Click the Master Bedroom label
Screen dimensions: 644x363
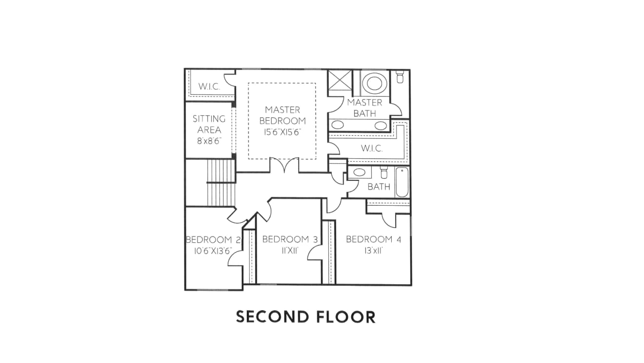coord(282,115)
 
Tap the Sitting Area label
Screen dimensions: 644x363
coord(209,125)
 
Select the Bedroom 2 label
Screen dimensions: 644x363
coord(213,239)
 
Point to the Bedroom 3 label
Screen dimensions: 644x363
coord(290,239)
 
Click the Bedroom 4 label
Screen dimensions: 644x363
coord(373,239)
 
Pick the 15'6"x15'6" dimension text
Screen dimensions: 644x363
coord(282,132)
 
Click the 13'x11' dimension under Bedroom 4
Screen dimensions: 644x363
coord(373,251)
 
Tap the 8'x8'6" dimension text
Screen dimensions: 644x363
coord(209,141)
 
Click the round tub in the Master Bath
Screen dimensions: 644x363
coord(374,83)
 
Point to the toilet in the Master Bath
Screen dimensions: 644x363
coord(400,77)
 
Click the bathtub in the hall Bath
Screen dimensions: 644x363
coord(402,182)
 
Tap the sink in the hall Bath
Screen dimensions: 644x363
coord(360,172)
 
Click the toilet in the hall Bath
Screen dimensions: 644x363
coord(384,172)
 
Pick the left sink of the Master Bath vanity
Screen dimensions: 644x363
coord(338,125)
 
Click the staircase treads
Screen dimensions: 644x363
coord(221,183)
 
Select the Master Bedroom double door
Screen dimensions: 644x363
coord(284,165)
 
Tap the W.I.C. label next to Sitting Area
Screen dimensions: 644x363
coord(209,86)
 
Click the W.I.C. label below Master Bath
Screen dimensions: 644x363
coord(372,149)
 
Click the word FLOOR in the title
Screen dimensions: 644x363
coord(346,317)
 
